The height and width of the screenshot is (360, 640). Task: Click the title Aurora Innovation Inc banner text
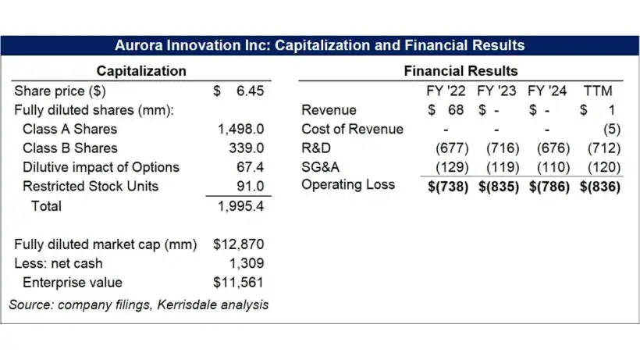coord(319,45)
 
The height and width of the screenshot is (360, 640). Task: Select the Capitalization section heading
coord(141,71)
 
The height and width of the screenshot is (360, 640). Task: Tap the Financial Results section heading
coord(460,71)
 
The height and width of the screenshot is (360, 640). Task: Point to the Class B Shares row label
coord(70,148)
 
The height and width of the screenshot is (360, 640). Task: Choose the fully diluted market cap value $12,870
coord(238,244)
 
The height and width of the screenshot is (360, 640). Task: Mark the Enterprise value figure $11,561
coord(238,282)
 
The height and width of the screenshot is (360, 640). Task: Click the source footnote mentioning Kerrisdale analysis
coord(138,305)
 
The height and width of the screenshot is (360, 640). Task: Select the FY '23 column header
coord(496,91)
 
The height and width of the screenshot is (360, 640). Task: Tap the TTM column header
coord(603,91)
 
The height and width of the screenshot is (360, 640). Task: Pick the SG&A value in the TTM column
coord(601,167)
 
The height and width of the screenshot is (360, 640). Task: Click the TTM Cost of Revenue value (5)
coord(611,129)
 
